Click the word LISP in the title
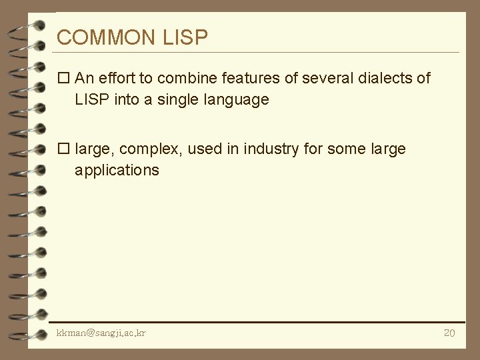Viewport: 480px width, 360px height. [x=185, y=37]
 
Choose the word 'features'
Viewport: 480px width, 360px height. [x=250, y=79]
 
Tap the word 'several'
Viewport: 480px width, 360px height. [x=328, y=79]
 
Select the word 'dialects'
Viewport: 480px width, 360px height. [x=386, y=79]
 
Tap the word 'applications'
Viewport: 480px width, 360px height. [x=117, y=171]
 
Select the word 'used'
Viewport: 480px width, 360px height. [x=204, y=149]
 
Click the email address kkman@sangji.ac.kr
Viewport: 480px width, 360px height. [x=101, y=333]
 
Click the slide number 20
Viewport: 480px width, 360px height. [x=449, y=333]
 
